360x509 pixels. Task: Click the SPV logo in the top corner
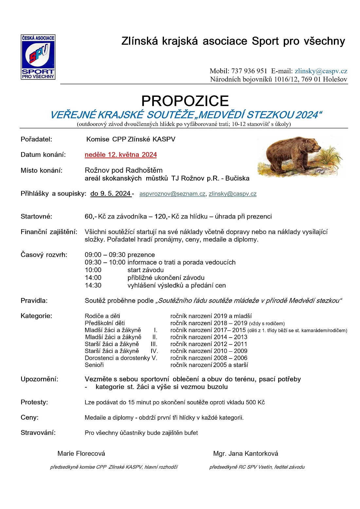[x=38, y=57]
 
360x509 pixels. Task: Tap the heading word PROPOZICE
[x=185, y=101]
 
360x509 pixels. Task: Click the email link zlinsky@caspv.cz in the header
[x=321, y=71]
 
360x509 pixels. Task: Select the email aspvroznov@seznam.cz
[x=172, y=194]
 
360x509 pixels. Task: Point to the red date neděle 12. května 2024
[x=121, y=155]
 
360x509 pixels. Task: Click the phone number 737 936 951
[x=249, y=71]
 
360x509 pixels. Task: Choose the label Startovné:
[x=36, y=217]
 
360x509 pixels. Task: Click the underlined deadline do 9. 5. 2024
[x=111, y=194]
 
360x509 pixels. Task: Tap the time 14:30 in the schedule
[x=93, y=285]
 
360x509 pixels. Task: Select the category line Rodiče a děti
[x=102, y=316]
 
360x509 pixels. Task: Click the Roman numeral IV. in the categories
[x=154, y=351]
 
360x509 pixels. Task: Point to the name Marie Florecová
[x=81, y=453]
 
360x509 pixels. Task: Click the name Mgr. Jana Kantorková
[x=245, y=453]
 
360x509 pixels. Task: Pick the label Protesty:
[x=34, y=402]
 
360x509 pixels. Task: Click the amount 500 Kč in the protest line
[x=255, y=402]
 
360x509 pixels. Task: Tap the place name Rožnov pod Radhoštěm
[x=124, y=170]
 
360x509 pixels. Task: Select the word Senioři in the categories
[x=94, y=365]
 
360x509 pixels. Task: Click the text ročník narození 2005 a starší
[x=209, y=365]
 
